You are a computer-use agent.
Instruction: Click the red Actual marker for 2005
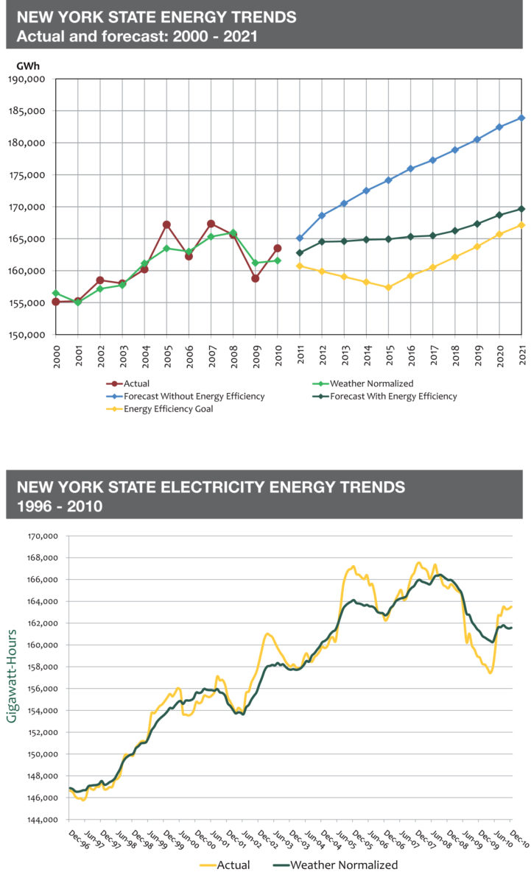pyautogui.click(x=166, y=224)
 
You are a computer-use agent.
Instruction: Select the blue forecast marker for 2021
pyautogui.click(x=522, y=118)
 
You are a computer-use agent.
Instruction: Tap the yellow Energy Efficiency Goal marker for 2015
pyautogui.click(x=388, y=287)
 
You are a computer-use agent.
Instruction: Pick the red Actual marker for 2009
pyautogui.click(x=255, y=278)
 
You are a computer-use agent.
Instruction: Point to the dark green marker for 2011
pyautogui.click(x=300, y=252)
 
